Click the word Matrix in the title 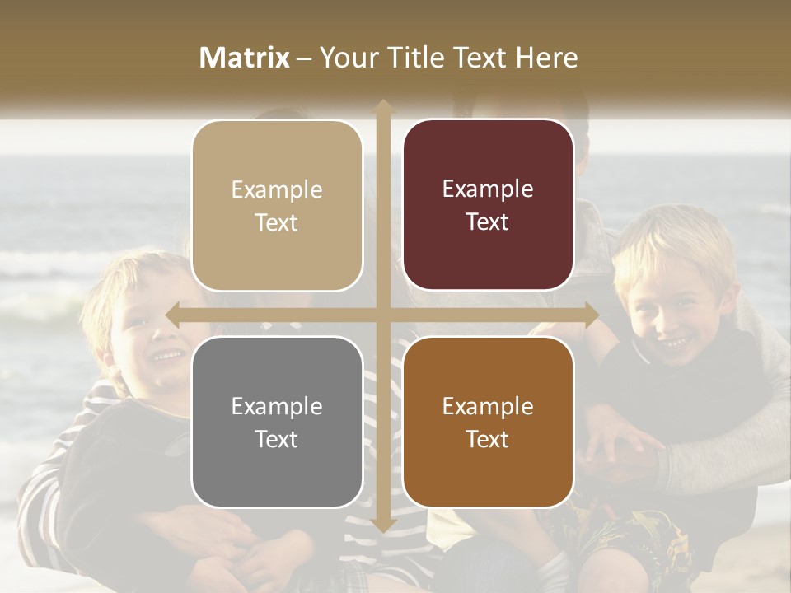point(245,58)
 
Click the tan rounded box point(277,206)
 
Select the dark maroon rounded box point(488,205)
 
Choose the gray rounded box point(277,422)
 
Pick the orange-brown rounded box point(488,422)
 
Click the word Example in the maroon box point(488,189)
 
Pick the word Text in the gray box point(277,439)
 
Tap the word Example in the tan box point(277,190)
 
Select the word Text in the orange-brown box point(488,439)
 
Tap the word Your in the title point(344,58)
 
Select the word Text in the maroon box point(488,222)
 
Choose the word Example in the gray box point(277,406)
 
